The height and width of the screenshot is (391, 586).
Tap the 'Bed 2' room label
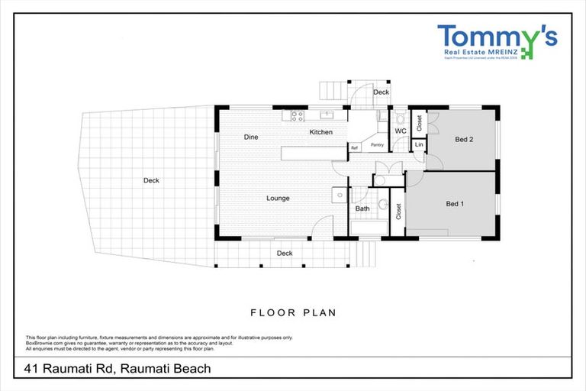click(465, 140)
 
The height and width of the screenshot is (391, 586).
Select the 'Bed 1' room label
click(456, 204)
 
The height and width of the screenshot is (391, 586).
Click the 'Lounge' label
click(278, 199)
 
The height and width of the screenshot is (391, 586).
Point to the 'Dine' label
click(250, 137)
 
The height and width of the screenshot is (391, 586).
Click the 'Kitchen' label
click(320, 132)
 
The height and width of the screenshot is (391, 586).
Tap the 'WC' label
click(400, 131)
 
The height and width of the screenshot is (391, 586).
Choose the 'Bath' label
click(362, 208)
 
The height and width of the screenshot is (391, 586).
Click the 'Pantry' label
click(377, 144)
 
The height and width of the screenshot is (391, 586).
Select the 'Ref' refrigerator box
click(354, 147)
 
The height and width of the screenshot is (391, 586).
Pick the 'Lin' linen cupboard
click(419, 144)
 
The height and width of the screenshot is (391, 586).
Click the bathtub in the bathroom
click(369, 227)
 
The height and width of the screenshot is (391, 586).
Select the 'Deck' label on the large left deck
click(151, 181)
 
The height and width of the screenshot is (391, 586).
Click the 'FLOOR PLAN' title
click(293, 312)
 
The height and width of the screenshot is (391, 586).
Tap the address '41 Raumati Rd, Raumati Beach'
click(117, 369)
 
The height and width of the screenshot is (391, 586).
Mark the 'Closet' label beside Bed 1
click(398, 212)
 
